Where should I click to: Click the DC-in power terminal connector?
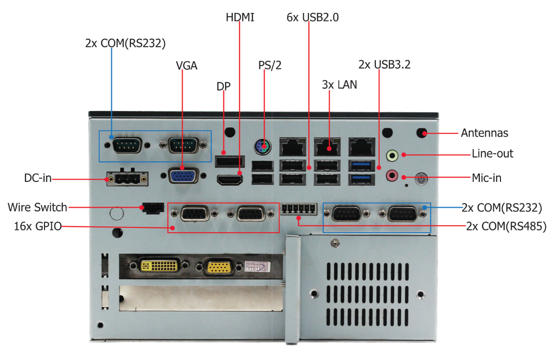coord(127,179)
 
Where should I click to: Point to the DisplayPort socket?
coord(229,161)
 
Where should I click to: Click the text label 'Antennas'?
coord(484,133)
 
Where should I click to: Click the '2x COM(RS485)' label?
coord(506,226)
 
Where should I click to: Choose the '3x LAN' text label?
coord(340,85)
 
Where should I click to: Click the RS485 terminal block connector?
coord(299,209)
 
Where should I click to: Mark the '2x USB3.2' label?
coord(384,64)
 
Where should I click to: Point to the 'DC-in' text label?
coord(37,179)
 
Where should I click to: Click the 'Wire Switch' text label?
coord(37,207)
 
